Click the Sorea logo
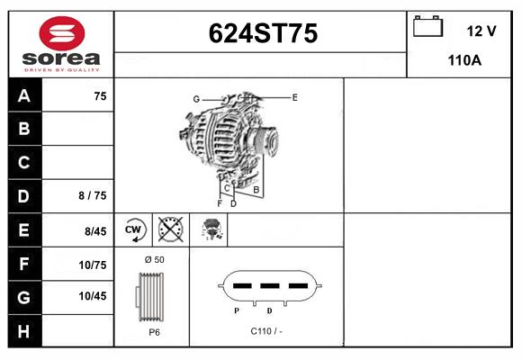tap(60, 45)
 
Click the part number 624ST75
tap(263, 33)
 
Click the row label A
tap(23, 96)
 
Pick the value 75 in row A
tap(100, 96)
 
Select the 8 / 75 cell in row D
tap(93, 195)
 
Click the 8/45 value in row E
tap(94, 231)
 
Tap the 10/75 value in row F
tap(94, 265)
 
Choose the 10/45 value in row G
tap(94, 296)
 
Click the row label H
tap(23, 331)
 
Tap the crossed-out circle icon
tap(169, 229)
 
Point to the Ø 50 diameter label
tap(154, 259)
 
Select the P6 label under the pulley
tap(154, 331)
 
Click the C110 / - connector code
tap(266, 331)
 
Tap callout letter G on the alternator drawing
tap(195, 98)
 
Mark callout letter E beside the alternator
tap(294, 96)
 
